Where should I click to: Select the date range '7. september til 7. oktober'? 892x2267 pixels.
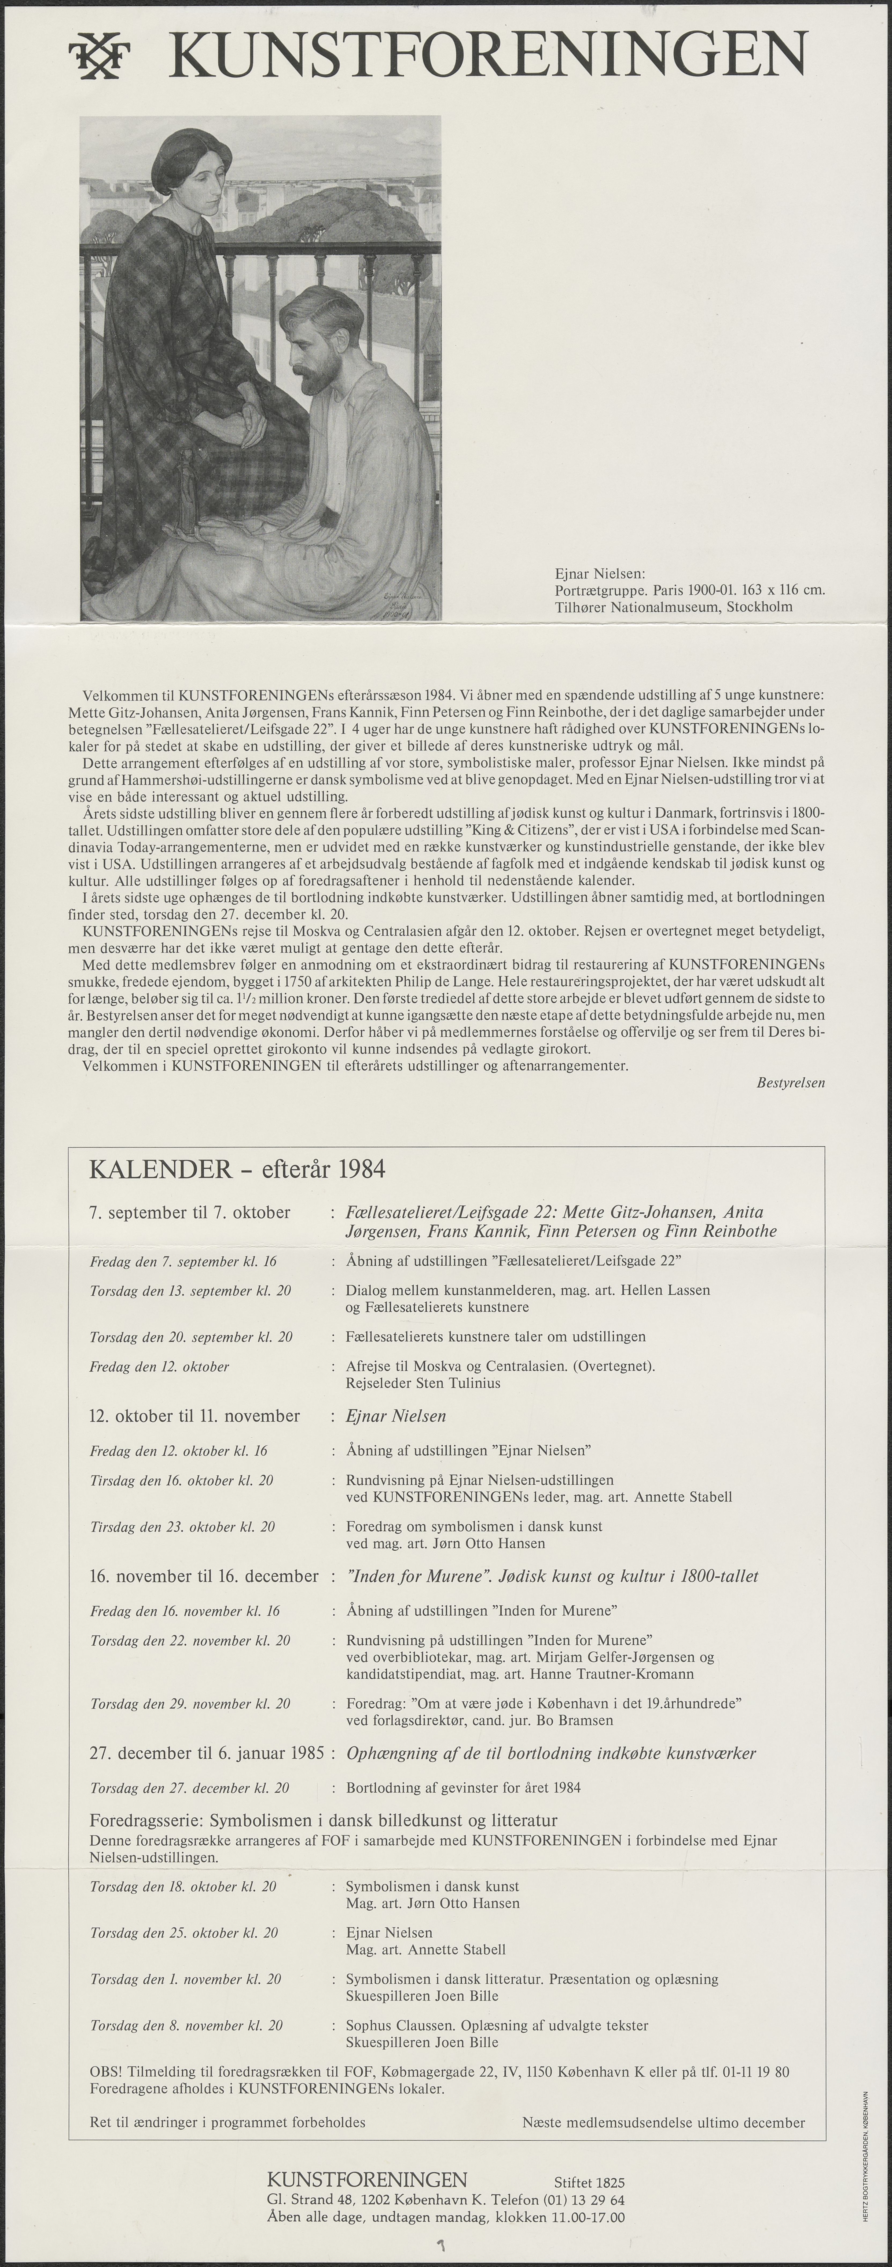pyautogui.click(x=190, y=1213)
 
